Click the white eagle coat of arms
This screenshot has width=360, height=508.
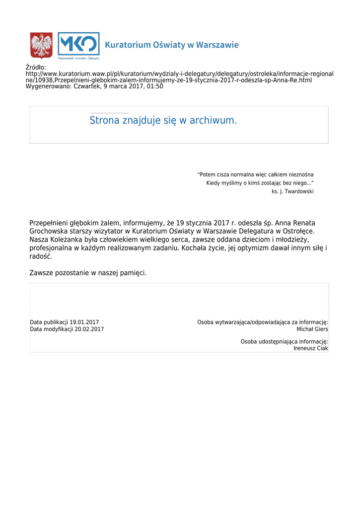click(42, 45)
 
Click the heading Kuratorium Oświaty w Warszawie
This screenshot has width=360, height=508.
click(171, 45)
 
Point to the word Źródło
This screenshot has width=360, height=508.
click(35, 67)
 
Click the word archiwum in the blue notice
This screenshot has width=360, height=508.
click(213, 121)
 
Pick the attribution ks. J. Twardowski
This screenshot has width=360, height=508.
click(292, 191)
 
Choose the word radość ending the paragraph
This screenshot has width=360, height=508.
click(41, 256)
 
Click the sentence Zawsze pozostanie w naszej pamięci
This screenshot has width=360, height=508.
click(88, 273)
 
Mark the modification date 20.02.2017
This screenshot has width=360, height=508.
click(89, 329)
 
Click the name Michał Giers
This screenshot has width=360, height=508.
click(312, 329)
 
